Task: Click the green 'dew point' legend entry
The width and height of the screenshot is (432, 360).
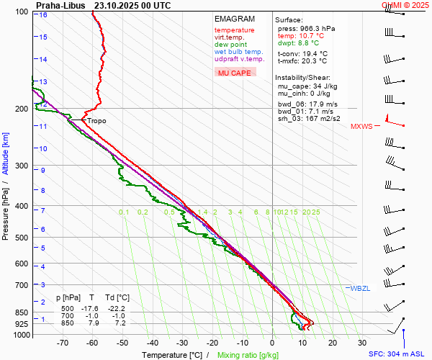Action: tap(230, 45)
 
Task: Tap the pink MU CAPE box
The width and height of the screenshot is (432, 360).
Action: tap(235, 73)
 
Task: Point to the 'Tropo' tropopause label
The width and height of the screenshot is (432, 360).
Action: tap(96, 121)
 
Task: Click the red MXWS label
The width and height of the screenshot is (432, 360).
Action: tap(361, 127)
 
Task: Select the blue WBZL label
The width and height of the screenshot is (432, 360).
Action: tap(359, 288)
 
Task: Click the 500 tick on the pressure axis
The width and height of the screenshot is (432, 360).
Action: tap(22, 238)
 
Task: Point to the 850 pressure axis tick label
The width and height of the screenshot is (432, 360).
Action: tap(22, 312)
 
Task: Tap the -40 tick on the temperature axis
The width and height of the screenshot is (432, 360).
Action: tap(153, 343)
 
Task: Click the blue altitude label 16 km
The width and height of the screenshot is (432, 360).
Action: tap(43, 14)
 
